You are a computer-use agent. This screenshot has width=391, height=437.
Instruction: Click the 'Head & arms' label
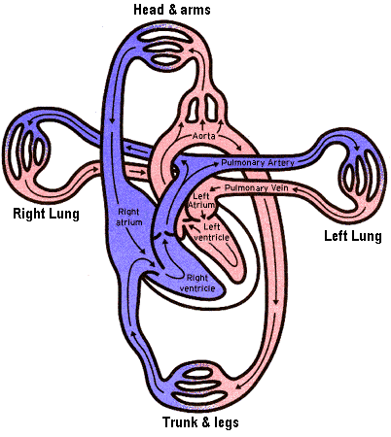click(172, 10)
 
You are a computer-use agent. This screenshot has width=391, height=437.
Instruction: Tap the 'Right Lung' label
click(46, 214)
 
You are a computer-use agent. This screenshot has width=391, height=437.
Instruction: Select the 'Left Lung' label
click(353, 236)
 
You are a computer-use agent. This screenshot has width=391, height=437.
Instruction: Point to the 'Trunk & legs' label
click(200, 422)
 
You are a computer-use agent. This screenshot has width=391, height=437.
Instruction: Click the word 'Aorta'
click(203, 136)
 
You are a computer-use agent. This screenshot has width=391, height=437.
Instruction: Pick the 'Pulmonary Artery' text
click(258, 162)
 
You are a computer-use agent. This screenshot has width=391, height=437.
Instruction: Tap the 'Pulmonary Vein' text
click(257, 187)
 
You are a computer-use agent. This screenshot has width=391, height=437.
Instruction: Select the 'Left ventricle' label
click(211, 232)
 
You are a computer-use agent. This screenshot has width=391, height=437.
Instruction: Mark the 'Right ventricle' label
click(197, 283)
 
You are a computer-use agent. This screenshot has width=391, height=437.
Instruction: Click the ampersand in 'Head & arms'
click(172, 10)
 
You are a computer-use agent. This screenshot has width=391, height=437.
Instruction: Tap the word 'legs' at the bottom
click(227, 423)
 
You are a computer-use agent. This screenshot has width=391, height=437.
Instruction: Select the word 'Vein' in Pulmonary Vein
click(280, 187)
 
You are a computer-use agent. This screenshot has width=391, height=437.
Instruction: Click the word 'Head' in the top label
click(149, 10)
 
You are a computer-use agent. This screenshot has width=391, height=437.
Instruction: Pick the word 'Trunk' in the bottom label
click(180, 422)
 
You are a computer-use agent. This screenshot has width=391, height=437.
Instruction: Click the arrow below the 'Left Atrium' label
click(203, 214)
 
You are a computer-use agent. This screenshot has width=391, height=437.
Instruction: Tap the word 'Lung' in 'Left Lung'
click(367, 236)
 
